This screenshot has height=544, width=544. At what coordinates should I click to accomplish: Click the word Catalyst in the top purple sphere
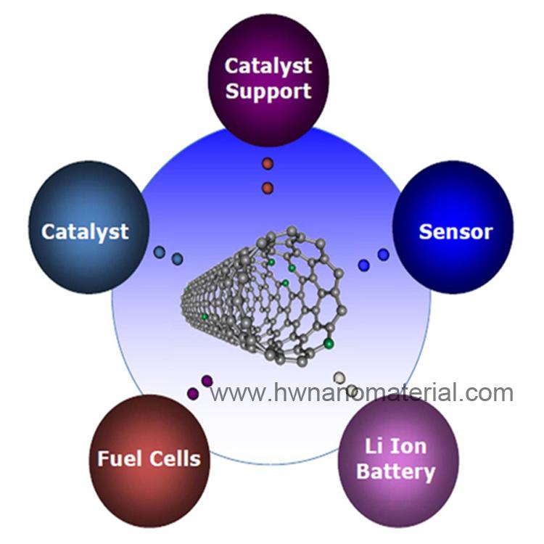click(268, 66)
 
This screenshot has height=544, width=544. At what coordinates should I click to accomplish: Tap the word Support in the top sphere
click(268, 91)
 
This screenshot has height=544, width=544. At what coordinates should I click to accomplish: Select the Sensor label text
click(456, 232)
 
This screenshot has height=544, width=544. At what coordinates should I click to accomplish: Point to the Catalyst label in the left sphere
click(85, 232)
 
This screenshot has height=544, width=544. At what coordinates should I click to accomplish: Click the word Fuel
click(118, 458)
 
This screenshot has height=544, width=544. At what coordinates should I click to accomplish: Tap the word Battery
click(396, 472)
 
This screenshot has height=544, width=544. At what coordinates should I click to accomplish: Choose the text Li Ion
click(396, 446)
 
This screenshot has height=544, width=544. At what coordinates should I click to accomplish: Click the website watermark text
click(361, 392)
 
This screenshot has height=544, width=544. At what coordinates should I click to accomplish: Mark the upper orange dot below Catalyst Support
click(268, 163)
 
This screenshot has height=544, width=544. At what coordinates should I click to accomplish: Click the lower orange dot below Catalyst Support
click(268, 188)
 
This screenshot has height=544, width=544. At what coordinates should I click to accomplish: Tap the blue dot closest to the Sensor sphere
click(384, 255)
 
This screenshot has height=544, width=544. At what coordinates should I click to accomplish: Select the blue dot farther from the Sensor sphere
click(363, 265)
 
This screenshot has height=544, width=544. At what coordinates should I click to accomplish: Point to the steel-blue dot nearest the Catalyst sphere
click(160, 252)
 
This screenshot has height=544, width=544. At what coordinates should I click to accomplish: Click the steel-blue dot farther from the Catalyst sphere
click(177, 259)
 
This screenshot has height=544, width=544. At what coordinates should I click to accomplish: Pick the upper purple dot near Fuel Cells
click(207, 381)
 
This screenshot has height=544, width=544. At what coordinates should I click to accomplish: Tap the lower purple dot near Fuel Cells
click(193, 393)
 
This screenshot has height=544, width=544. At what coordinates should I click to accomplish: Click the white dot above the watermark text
click(339, 377)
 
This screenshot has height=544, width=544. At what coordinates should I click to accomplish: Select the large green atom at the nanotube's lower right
click(329, 344)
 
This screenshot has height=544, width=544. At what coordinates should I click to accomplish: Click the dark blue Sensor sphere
click(453, 227)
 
